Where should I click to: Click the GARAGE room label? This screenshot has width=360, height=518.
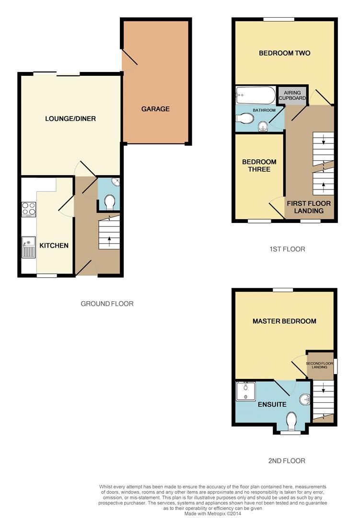point(155,109)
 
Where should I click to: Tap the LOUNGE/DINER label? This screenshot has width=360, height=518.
point(70,118)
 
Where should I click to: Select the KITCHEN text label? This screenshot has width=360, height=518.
point(54,246)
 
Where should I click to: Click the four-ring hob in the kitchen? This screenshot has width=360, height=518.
point(29,209)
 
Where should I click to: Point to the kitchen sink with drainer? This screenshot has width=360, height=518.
point(28,247)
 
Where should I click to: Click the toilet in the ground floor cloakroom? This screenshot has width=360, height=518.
point(109,202)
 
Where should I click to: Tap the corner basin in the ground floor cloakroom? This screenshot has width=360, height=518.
point(116,182)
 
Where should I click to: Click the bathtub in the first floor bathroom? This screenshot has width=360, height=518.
point(255,95)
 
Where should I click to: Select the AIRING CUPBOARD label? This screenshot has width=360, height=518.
point(292,95)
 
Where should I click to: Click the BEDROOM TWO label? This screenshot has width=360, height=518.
point(284,53)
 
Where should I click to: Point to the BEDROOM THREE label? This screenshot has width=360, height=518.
point(259,165)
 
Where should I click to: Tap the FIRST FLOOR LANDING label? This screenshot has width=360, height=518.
point(309,207)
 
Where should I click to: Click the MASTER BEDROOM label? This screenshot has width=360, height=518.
point(284,321)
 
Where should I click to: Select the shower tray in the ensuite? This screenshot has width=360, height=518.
point(246,391)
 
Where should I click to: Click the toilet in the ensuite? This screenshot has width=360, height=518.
point(291,421)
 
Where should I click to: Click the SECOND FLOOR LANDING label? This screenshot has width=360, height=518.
point(319,365)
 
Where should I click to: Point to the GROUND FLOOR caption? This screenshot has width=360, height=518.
point(107,304)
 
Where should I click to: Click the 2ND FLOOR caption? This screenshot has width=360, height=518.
point(287,461)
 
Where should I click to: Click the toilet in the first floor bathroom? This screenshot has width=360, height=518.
point(245,118)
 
